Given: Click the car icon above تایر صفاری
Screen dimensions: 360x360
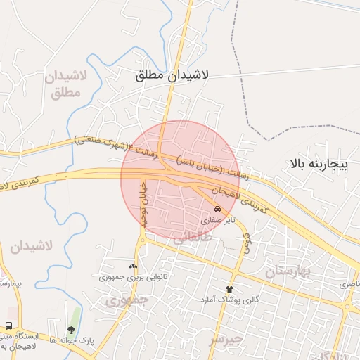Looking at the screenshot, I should coord(218,209).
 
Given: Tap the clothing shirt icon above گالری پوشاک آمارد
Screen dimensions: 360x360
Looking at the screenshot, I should coord(229,289).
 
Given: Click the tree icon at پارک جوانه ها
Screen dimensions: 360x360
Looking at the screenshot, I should coord(71,329).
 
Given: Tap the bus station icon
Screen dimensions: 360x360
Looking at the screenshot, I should coord(8,327).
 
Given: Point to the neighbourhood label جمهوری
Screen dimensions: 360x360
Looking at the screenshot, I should coord(127,301).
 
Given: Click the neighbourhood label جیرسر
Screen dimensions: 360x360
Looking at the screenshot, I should coord(226,339).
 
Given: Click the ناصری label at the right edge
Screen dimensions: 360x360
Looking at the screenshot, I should coord(349,285).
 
